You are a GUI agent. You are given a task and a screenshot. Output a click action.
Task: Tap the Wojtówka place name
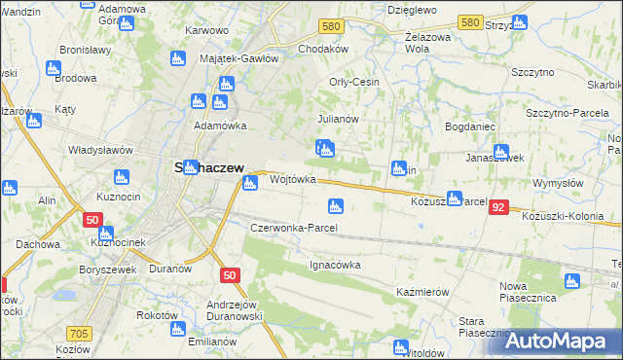293,180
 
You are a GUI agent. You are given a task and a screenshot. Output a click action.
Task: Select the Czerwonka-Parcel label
294,228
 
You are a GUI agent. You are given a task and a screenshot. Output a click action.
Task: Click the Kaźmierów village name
422,292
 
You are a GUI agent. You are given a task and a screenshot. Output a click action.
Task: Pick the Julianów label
339,119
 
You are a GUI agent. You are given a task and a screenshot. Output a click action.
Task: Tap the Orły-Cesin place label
354,83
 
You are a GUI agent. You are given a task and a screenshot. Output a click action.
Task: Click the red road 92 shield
499,207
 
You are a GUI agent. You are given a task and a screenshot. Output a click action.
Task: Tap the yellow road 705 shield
81,334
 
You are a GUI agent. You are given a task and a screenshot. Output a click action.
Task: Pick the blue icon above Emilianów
178,329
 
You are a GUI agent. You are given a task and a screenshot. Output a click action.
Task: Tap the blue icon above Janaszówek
501,152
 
